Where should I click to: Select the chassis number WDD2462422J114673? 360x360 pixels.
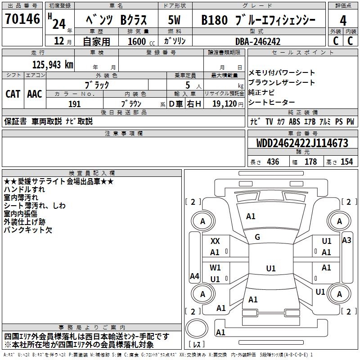(302, 144)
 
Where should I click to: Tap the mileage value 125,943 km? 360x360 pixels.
(53, 64)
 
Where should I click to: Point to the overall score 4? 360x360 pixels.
(343, 20)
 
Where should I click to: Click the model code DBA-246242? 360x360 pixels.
(258, 41)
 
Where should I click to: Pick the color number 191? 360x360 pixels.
(75, 104)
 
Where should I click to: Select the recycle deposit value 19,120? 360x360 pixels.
(225, 104)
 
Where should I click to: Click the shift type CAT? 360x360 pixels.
(13, 94)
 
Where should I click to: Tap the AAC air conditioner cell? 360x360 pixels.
(35, 94)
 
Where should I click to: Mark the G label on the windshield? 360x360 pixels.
(257, 237)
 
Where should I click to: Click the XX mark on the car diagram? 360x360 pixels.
(216, 241)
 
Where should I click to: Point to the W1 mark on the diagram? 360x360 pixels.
(216, 267)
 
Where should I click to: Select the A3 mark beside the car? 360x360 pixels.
(346, 240)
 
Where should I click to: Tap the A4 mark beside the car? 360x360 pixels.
(194, 276)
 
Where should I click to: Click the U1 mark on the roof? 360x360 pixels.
(271, 268)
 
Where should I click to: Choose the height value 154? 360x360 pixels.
(346, 162)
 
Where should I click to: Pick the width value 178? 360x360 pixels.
(311, 162)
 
